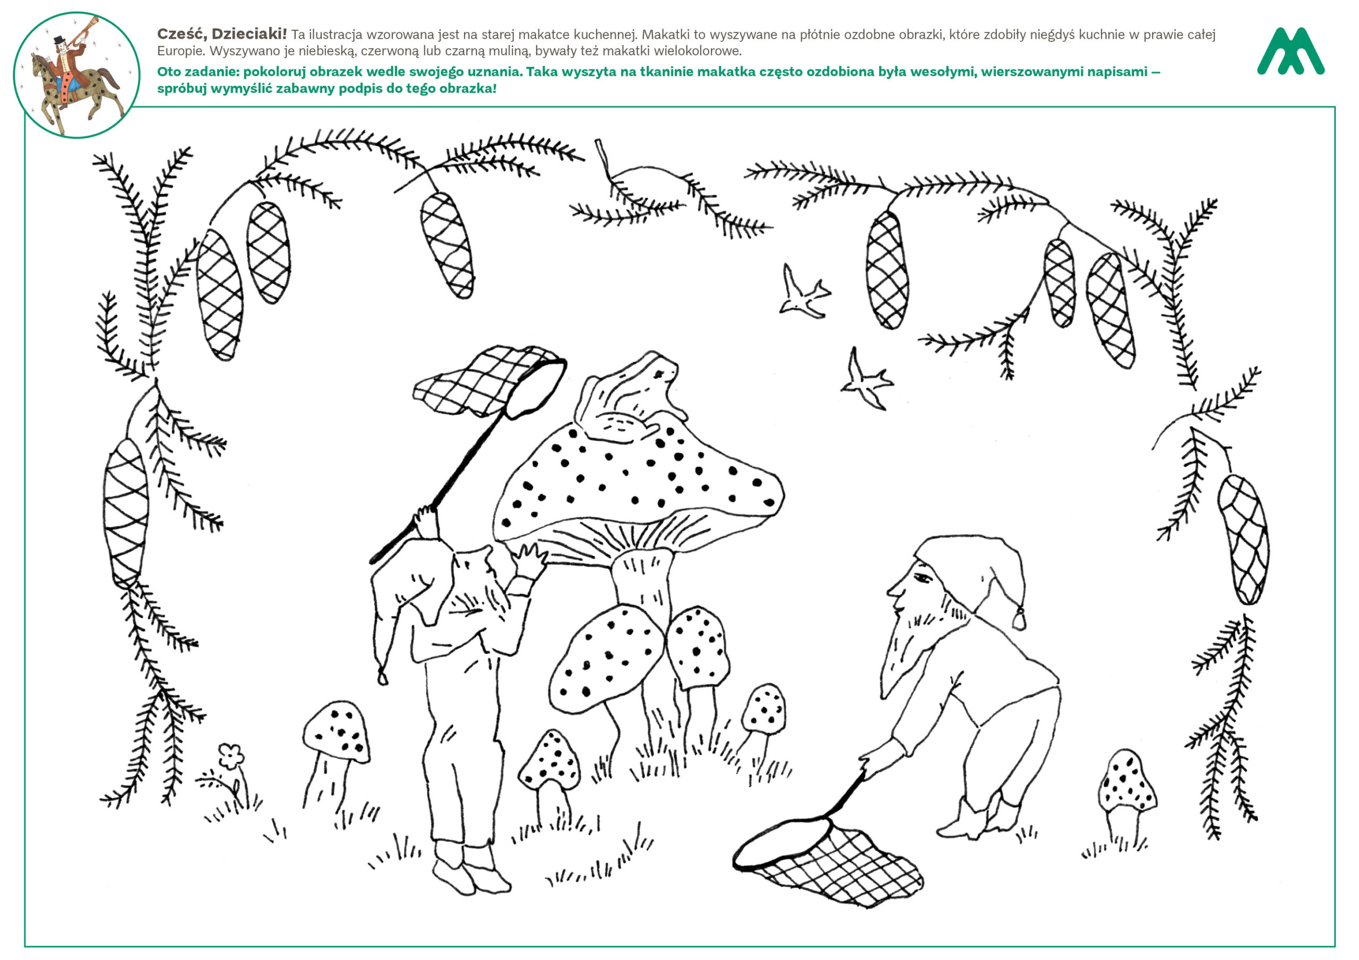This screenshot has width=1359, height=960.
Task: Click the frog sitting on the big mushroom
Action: click(630, 396)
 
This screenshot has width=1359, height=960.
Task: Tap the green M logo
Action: click(1291, 51)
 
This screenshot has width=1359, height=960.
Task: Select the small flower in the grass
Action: click(231, 756)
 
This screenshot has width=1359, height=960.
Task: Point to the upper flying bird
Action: click(804, 293)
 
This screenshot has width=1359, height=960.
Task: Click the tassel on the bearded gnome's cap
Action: click(1019, 617)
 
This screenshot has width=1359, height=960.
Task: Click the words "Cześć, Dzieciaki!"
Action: click(222, 34)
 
